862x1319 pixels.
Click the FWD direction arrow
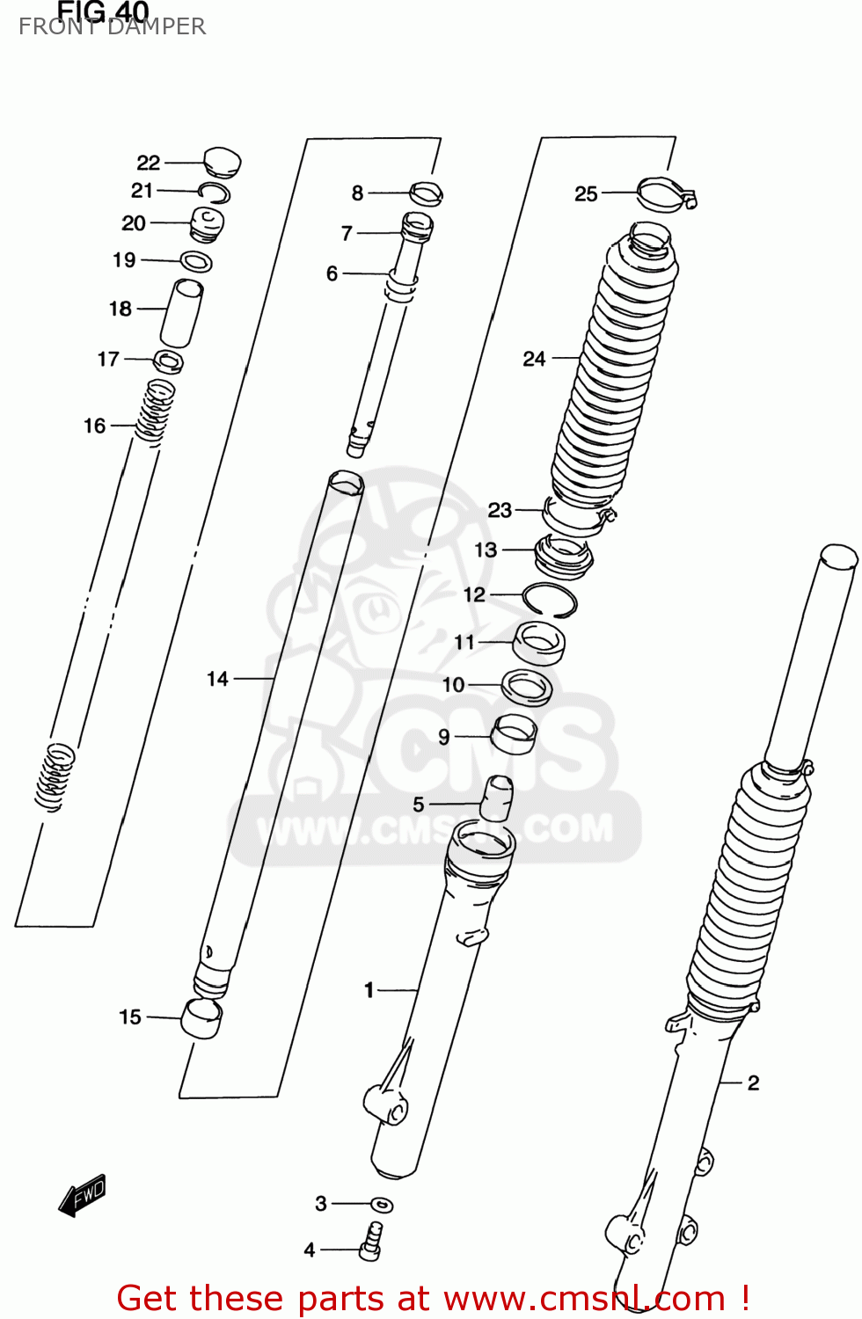[82, 1197]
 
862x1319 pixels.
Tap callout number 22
[148, 163]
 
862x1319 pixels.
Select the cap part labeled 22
[222, 162]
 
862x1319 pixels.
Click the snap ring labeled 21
[215, 193]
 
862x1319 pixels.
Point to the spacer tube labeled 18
[181, 312]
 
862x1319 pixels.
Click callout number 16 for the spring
[94, 426]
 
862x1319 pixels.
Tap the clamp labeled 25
[665, 194]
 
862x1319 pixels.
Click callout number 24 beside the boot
[534, 359]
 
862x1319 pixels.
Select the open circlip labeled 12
[550, 600]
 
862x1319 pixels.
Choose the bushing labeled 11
[538, 643]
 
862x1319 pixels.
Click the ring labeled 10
[527, 687]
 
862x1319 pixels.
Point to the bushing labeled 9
[513, 734]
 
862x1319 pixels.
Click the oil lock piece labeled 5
[497, 797]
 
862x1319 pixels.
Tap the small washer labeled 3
[382, 1205]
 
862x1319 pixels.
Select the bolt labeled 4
[370, 1242]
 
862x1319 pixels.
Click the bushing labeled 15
[201, 1018]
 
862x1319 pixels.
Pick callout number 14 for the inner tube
[217, 679]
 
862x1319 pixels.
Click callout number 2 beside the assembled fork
[753, 1083]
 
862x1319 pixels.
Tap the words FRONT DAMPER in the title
[113, 27]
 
